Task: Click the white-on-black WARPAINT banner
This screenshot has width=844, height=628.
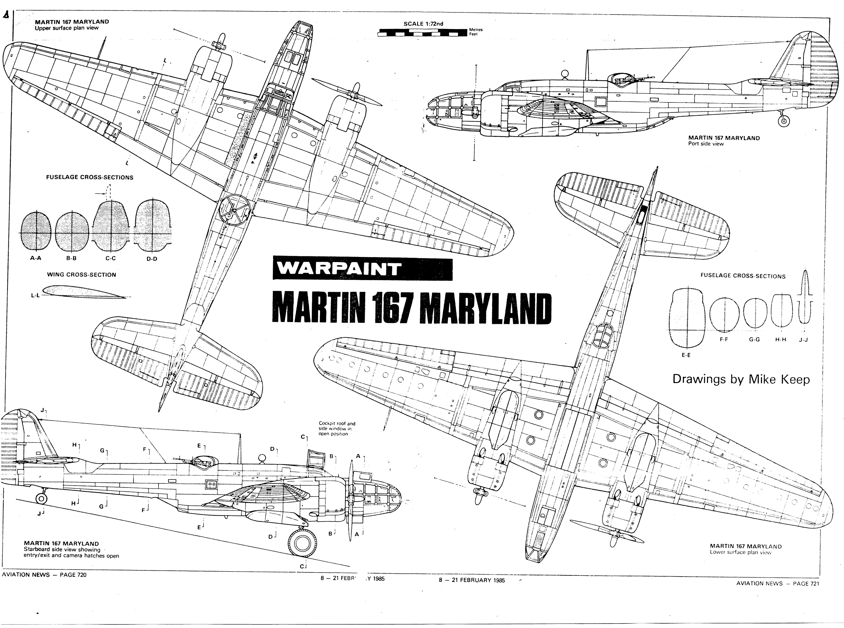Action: coord(362,269)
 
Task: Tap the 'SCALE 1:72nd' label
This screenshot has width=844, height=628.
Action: coord(423,24)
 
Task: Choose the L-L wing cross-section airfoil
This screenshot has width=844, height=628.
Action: coord(84,292)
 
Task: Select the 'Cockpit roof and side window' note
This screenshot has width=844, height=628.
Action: coord(337,428)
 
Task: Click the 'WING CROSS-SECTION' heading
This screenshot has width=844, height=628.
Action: coord(81,274)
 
